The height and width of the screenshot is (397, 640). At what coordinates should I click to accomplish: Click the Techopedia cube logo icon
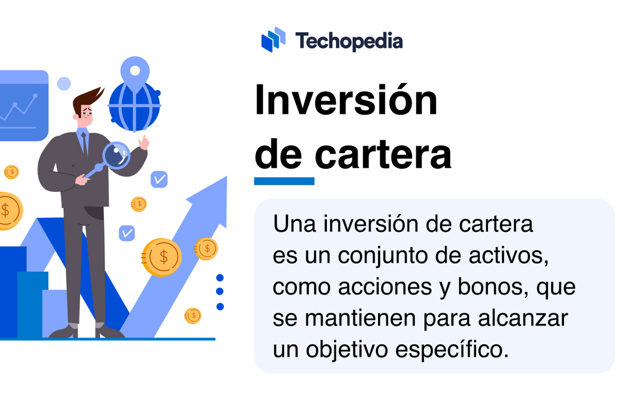[273, 40]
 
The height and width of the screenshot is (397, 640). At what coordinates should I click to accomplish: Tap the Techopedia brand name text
[349, 42]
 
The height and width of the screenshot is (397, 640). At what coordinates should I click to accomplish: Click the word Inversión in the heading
[346, 100]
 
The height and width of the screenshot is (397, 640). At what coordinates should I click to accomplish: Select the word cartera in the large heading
[383, 155]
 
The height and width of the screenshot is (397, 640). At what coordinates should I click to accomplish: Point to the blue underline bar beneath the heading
[284, 181]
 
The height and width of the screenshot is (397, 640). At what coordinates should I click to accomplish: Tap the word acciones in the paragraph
[385, 287]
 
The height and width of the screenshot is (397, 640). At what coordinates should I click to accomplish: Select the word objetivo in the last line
[347, 350]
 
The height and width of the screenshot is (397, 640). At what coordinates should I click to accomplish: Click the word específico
[452, 350]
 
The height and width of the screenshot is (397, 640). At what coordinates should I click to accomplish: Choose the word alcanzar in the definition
[523, 318]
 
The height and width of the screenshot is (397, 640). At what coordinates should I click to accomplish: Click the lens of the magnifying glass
[116, 156]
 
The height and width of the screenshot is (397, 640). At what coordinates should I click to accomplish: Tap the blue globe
[134, 107]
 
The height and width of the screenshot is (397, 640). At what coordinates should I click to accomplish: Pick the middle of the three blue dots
[219, 291]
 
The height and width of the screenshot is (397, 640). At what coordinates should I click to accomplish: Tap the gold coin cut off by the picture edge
[10, 211]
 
